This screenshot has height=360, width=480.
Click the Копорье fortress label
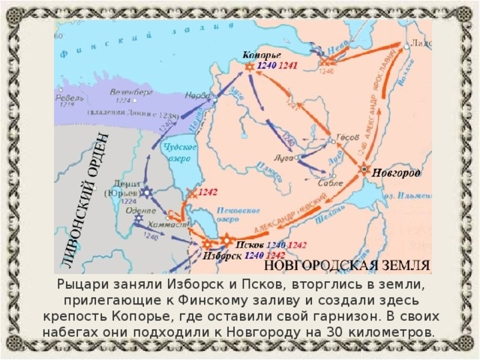[261, 55]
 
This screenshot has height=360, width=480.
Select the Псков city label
[250, 244]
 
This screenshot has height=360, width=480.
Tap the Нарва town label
[196, 95]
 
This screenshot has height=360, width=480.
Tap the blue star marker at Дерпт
[147, 193]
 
